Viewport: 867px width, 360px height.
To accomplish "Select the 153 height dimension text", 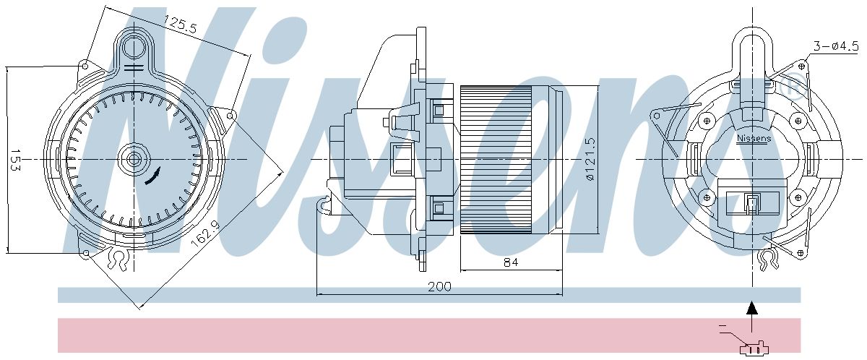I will point(14,160).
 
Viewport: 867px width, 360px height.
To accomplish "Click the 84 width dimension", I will point(510,262).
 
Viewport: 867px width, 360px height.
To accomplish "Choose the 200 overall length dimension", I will point(439,286).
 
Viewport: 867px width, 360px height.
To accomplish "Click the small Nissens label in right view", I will point(754,137).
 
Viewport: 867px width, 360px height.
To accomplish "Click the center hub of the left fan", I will point(134,158).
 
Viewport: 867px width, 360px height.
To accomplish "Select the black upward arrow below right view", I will point(752,309).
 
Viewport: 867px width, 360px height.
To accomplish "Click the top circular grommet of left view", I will point(134,48).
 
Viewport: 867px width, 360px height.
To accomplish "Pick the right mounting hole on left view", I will point(230,115).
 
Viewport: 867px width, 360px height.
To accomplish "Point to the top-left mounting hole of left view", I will point(85,66).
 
